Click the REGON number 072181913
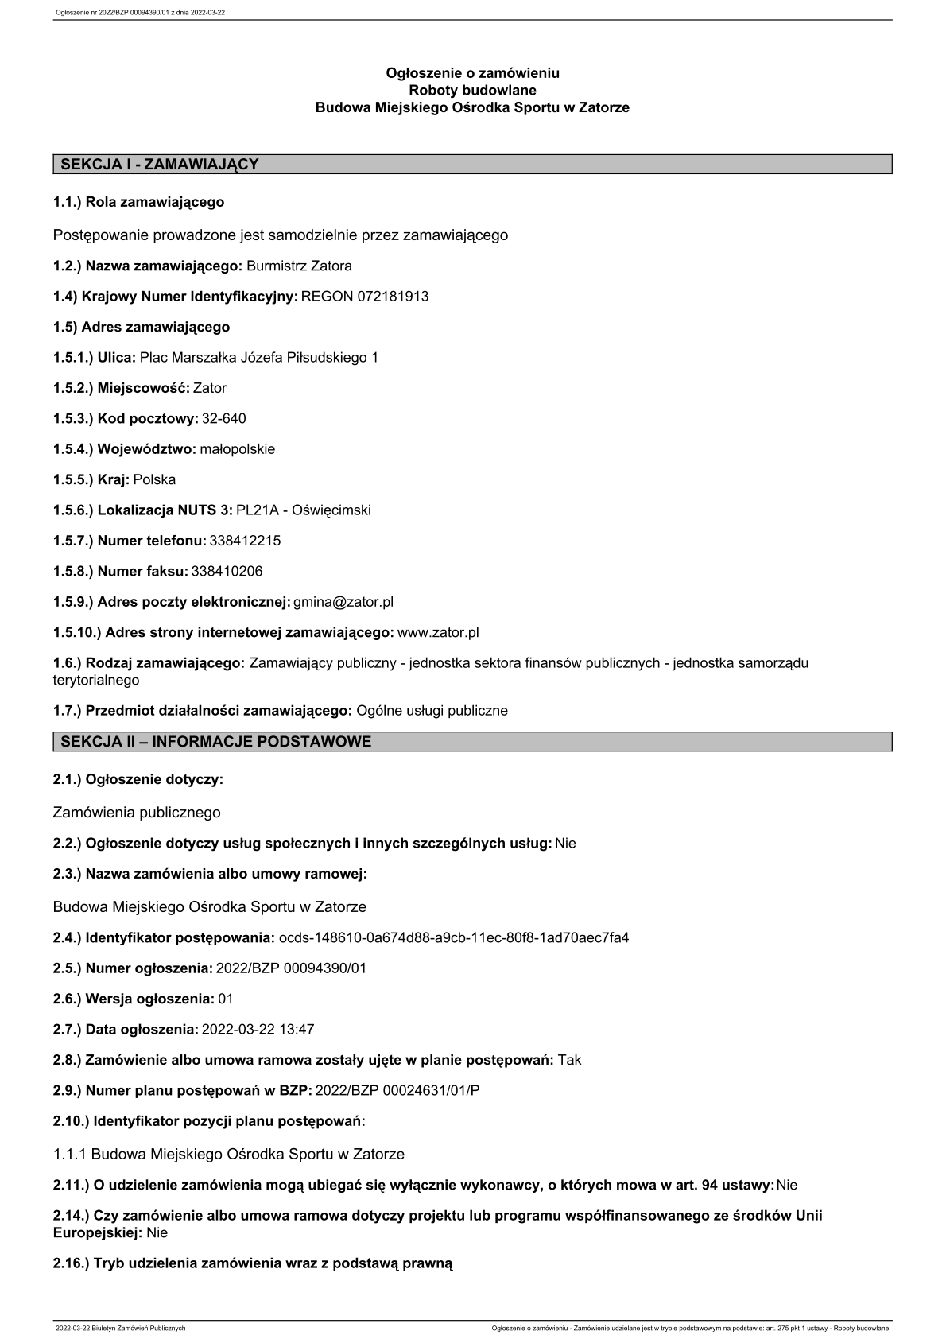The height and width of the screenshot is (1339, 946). [x=365, y=297]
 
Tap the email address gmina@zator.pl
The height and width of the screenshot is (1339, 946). [x=343, y=602]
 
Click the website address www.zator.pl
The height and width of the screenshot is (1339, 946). [x=437, y=633]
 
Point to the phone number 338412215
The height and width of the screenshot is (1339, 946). [x=245, y=541]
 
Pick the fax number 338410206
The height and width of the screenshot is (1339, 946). [x=227, y=572]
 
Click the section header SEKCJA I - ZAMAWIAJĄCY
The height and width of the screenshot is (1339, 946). [x=160, y=165]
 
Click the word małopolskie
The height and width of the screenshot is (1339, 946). [x=237, y=449]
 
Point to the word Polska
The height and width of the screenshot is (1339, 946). [x=154, y=480]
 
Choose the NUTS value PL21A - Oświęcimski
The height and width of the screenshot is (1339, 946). [x=304, y=510]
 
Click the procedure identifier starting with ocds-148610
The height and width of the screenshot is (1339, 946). [x=453, y=938]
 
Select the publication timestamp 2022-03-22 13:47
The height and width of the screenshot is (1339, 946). [x=258, y=1030]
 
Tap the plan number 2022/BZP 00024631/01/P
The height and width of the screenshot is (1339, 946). [x=397, y=1091]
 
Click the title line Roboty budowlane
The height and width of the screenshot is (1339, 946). [x=472, y=91]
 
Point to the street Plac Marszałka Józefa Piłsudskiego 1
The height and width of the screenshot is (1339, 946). [x=258, y=358]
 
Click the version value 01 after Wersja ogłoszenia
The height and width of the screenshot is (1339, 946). [x=226, y=999]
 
